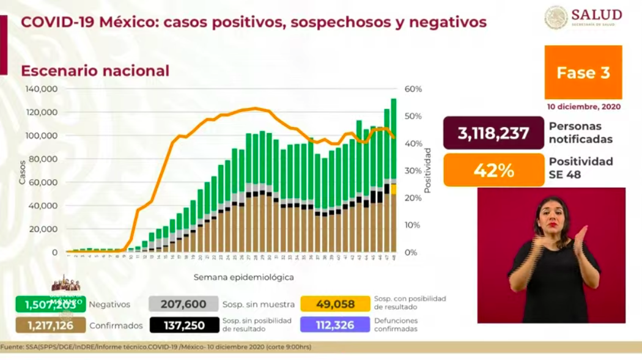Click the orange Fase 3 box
coord(583,73)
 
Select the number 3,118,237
coord(493,133)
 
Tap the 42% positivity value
coord(493,170)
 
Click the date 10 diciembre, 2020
coord(583,106)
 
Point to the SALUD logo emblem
coord(556,17)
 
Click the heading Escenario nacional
coord(95,71)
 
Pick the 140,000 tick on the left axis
coord(42,89)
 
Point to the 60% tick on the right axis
coord(413,89)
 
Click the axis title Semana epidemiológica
coord(243,277)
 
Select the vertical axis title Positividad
coord(428,170)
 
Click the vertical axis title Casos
coord(23,172)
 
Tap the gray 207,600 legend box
coord(183,304)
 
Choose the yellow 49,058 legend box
coord(335,304)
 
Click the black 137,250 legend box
coord(183,325)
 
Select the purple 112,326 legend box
coord(335,325)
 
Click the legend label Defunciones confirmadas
coord(396,325)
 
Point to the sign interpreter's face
coord(552,214)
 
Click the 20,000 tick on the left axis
coord(44,229)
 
